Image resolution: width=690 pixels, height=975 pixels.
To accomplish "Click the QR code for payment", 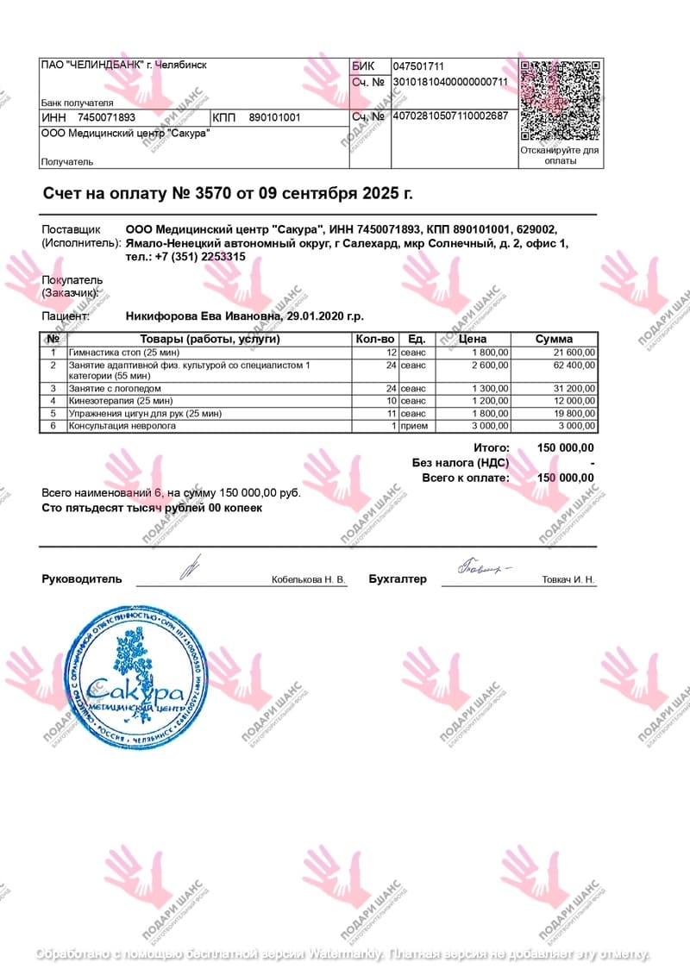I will [x=559, y=100].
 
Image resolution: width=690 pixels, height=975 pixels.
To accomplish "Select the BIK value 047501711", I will [x=418, y=66].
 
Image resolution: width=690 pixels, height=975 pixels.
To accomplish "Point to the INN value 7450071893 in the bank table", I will [x=106, y=117].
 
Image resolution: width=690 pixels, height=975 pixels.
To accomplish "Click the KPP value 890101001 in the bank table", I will [x=274, y=117].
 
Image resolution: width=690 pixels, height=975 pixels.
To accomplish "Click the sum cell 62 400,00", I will [x=574, y=366].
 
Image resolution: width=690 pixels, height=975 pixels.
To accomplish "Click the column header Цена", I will [x=474, y=339].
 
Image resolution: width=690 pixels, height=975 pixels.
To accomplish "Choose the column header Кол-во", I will [x=375, y=339].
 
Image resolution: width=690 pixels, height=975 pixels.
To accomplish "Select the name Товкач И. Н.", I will [x=568, y=580].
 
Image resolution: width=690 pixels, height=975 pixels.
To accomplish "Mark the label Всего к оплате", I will [x=465, y=478].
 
